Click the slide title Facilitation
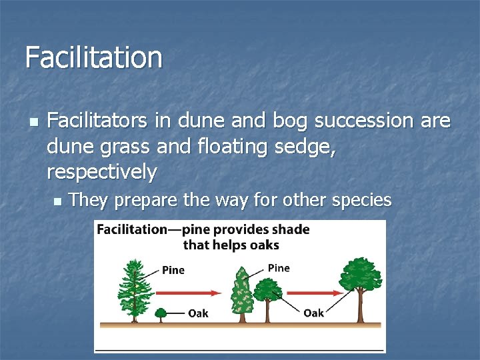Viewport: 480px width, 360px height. tap(93, 57)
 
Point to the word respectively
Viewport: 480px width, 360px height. tap(102, 173)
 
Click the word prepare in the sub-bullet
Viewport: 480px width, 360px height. tap(139, 200)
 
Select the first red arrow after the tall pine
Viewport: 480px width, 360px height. tap(188, 293)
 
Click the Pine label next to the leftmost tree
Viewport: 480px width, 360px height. tap(173, 270)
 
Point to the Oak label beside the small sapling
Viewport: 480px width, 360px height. tap(197, 313)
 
